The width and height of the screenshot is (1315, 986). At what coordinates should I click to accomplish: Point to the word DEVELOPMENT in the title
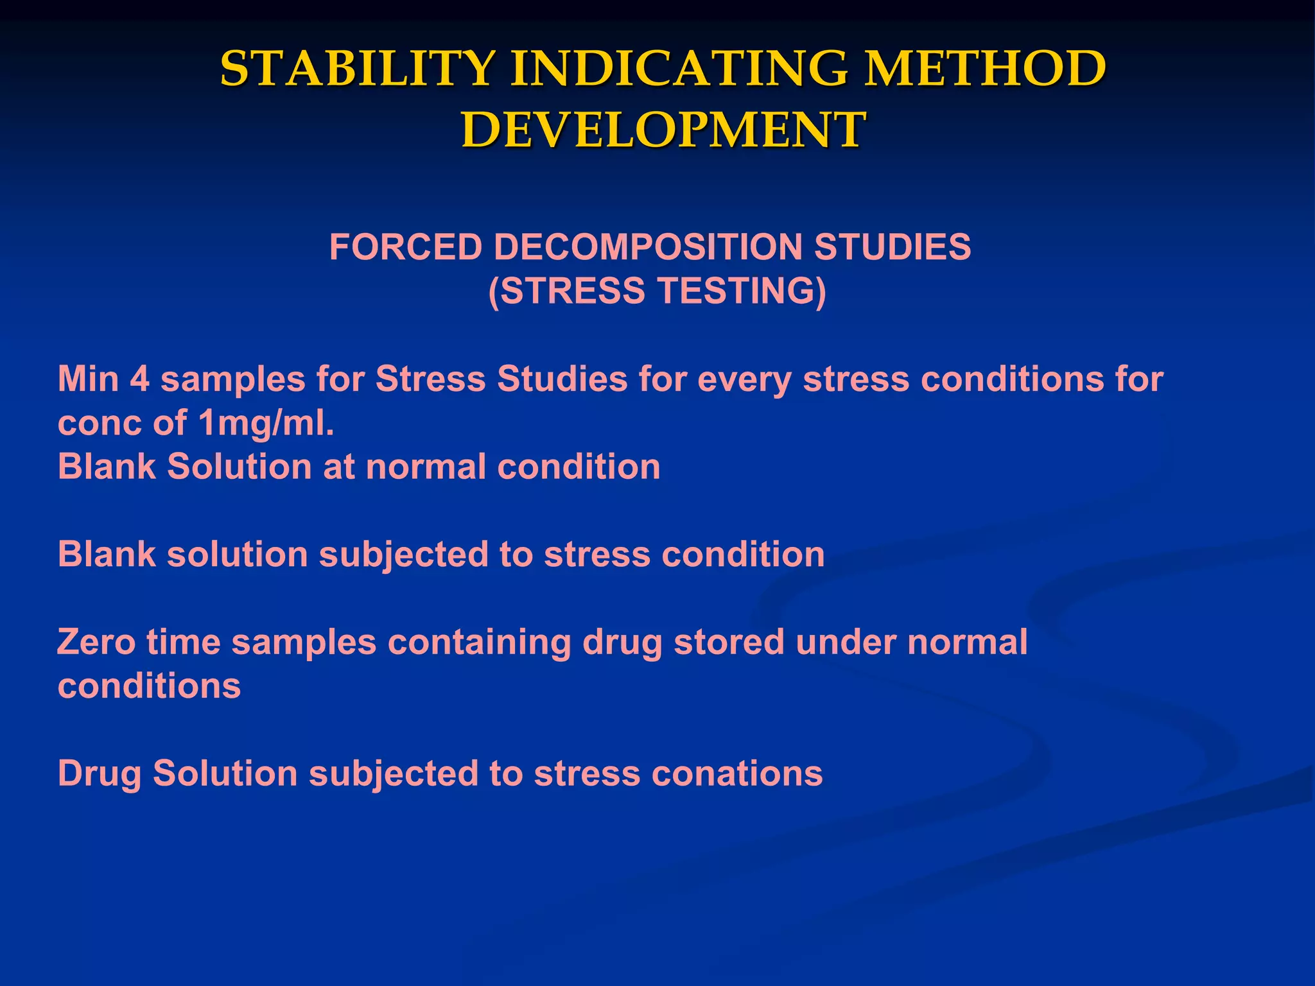pyautogui.click(x=663, y=130)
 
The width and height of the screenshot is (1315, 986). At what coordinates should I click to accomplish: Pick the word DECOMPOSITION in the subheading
pyautogui.click(x=648, y=247)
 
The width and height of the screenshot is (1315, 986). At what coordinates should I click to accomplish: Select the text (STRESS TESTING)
pyautogui.click(x=657, y=291)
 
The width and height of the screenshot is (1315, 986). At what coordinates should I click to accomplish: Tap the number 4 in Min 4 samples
pyautogui.click(x=139, y=379)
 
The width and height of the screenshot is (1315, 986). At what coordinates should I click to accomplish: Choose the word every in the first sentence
pyautogui.click(x=744, y=380)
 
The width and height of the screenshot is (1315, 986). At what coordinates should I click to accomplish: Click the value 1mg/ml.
pyautogui.click(x=266, y=424)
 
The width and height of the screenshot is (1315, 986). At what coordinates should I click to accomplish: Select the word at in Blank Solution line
pyautogui.click(x=338, y=467)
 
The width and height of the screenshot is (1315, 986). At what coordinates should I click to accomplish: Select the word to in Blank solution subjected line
pyautogui.click(x=516, y=555)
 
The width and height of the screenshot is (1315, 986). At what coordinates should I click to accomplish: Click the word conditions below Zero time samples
pyautogui.click(x=149, y=686)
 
